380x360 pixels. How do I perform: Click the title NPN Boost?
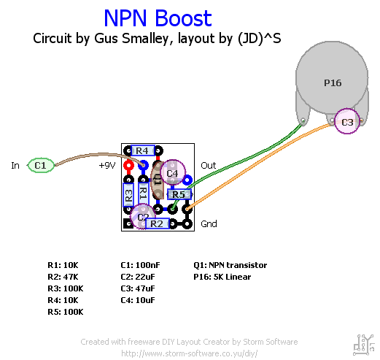(158, 18)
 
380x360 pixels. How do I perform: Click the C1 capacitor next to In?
(40, 166)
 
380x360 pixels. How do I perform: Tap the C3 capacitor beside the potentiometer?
(347, 122)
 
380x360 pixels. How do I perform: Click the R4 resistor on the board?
(143, 150)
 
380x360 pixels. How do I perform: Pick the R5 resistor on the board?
(179, 194)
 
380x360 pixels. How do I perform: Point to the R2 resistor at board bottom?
(157, 223)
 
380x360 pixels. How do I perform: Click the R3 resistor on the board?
(128, 194)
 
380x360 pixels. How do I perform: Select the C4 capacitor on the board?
(172, 173)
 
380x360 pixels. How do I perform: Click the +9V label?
(107, 166)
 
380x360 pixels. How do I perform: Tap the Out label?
(209, 166)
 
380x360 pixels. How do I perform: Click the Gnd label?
(209, 224)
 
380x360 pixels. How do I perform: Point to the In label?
(15, 166)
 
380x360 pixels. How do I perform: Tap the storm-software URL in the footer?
(189, 353)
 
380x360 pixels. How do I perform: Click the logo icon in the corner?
(364, 342)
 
